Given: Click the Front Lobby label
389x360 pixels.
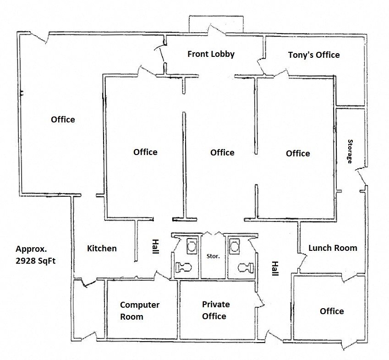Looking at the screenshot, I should pyautogui.click(x=211, y=54).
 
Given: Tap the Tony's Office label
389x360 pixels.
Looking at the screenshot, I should pyautogui.click(x=314, y=55).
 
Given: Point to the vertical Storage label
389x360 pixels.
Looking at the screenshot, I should pyautogui.click(x=350, y=151).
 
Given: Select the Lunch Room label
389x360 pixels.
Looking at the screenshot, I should pyautogui.click(x=333, y=248).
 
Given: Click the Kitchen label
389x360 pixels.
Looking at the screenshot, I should pyautogui.click(x=102, y=249).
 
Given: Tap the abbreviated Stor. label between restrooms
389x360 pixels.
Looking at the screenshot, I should pyautogui.click(x=214, y=256).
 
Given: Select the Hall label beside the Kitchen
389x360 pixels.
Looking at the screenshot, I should pyautogui.click(x=155, y=247).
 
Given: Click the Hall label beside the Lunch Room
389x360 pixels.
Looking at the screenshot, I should pyautogui.click(x=275, y=269).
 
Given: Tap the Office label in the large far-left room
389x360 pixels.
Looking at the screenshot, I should pyautogui.click(x=63, y=120).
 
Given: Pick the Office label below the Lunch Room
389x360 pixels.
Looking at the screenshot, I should pyautogui.click(x=332, y=311).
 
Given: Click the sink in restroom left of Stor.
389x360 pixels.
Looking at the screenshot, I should pyautogui.click(x=191, y=246).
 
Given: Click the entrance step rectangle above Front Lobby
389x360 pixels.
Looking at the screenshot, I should pyautogui.click(x=216, y=23).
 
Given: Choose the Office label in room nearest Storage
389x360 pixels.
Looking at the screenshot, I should pyautogui.click(x=298, y=154).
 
